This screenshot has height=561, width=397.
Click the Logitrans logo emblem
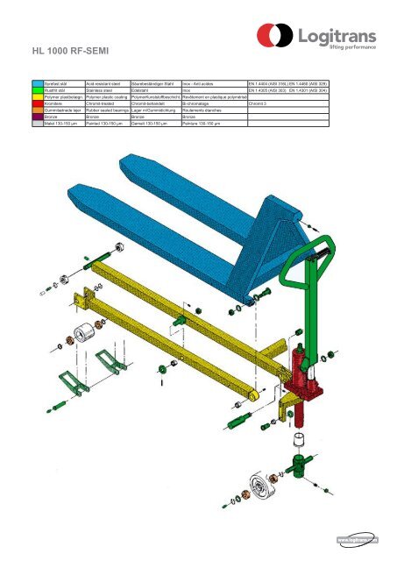coord(273,37)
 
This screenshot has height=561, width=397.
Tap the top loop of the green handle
coord(317,246)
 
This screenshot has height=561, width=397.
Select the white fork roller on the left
coord(84,335)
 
